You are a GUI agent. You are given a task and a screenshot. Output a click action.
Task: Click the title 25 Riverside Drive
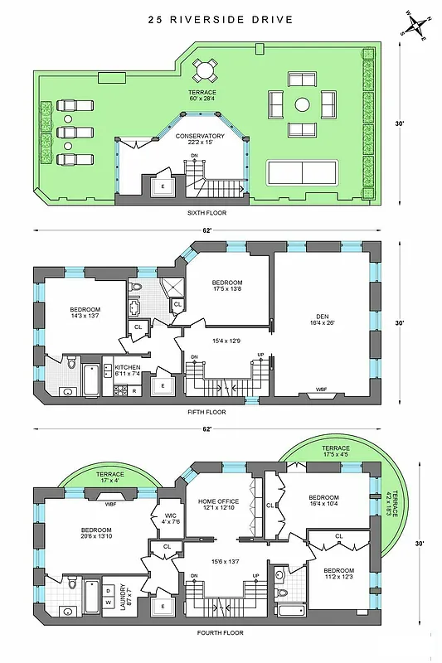click(x=220, y=19)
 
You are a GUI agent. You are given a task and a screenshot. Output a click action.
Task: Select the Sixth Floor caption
click(x=206, y=213)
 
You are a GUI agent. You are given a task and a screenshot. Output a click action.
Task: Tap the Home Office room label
click(x=217, y=506)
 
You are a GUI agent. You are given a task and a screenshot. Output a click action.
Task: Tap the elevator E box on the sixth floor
click(x=163, y=187)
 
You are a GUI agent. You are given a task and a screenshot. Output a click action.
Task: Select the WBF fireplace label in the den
click(x=320, y=390)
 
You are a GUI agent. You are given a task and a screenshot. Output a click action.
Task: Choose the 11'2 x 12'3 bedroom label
click(x=338, y=575)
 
